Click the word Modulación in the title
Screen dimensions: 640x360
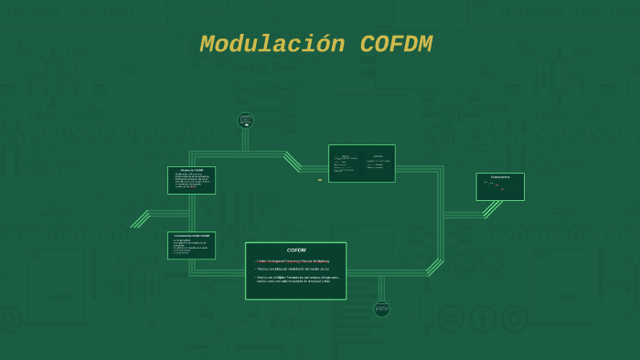pos(272,44)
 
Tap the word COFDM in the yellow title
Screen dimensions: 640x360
pos(396,44)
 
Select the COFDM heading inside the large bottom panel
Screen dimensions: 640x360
pos(296,250)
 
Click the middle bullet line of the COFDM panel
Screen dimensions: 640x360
pos(293,269)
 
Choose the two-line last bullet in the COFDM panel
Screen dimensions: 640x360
pos(297,279)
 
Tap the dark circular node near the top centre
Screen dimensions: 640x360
pos(245,120)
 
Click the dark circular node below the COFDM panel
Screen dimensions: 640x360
pos(381,309)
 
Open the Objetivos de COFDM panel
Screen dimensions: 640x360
pos(191,180)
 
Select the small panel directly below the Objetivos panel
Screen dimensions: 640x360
pos(191,245)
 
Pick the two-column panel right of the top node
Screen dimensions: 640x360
pos(362,163)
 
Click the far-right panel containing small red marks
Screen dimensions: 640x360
pos(500,186)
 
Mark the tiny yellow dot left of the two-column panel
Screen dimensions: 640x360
pos(320,180)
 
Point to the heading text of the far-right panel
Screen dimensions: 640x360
pos(500,176)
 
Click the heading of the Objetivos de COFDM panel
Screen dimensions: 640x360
pos(191,170)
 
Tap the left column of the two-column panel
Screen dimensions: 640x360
pos(345,164)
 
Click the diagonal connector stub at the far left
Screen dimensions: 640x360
pos(140,219)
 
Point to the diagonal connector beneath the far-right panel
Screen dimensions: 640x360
pos(492,209)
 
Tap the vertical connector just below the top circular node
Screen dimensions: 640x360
pos(245,140)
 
